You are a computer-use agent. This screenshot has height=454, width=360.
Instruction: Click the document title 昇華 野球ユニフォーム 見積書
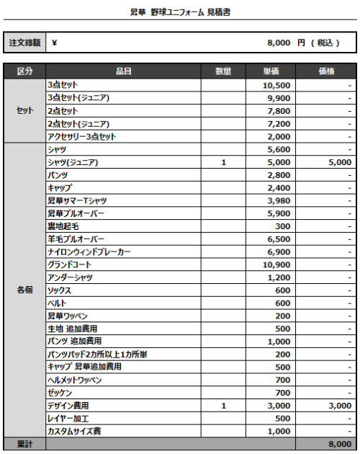coord(181,13)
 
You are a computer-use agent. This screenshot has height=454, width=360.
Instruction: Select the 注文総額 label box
coord(24,43)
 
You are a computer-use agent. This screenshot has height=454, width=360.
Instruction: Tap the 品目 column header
coord(123,71)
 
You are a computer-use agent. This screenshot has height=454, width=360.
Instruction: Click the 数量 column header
coord(223,71)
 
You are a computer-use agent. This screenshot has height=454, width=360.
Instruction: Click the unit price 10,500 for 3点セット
coord(277,85)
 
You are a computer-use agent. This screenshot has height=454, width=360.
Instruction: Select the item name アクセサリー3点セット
coord(81,137)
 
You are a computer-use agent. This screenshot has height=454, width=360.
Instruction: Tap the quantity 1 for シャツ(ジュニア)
coord(224,163)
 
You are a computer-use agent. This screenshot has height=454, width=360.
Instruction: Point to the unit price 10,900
coord(277,265)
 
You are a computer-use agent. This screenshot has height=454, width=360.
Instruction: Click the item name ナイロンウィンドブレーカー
coord(89,252)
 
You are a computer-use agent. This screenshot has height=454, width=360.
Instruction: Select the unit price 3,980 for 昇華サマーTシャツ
coord(279,201)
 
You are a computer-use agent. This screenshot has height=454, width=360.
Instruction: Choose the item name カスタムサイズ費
coord(74,432)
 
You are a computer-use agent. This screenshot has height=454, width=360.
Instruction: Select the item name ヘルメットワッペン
coord(75,380)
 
